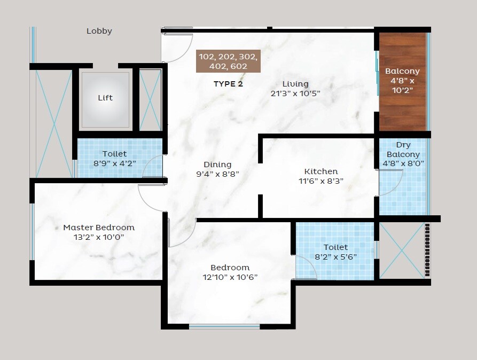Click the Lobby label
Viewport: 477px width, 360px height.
point(99,31)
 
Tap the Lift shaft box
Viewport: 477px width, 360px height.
point(105,99)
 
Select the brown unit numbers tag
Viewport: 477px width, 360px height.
point(228,61)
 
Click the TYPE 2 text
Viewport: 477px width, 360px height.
point(228,84)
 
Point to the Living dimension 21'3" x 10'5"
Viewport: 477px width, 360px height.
point(295,93)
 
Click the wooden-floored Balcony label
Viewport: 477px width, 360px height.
point(402,71)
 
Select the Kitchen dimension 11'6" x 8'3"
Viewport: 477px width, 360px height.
point(320,181)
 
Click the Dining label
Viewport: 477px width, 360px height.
point(217,165)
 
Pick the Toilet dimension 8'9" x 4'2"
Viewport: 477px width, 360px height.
point(114,163)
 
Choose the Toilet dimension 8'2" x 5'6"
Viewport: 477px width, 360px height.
point(335,256)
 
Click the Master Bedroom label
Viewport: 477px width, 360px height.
point(99,228)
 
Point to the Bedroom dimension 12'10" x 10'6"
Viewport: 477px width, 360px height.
point(230,277)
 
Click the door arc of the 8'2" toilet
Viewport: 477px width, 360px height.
point(307,267)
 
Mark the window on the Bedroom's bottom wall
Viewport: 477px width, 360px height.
point(224,326)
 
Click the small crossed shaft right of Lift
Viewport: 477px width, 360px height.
point(150,99)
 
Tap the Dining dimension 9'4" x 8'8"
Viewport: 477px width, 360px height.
point(217,174)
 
